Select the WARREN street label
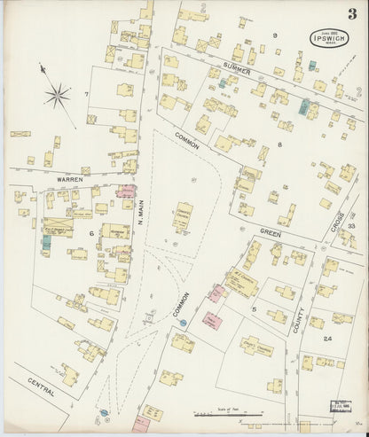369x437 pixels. pyautogui.click(x=69, y=179)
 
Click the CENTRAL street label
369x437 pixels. pyautogui.click(x=41, y=386)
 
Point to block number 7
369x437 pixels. pyautogui.click(x=86, y=94)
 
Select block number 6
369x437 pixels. pyautogui.click(x=90, y=233)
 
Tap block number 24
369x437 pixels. pyautogui.click(x=327, y=339)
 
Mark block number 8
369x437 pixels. pyautogui.click(x=279, y=143)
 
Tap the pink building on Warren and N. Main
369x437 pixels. pyautogui.click(x=126, y=190)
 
